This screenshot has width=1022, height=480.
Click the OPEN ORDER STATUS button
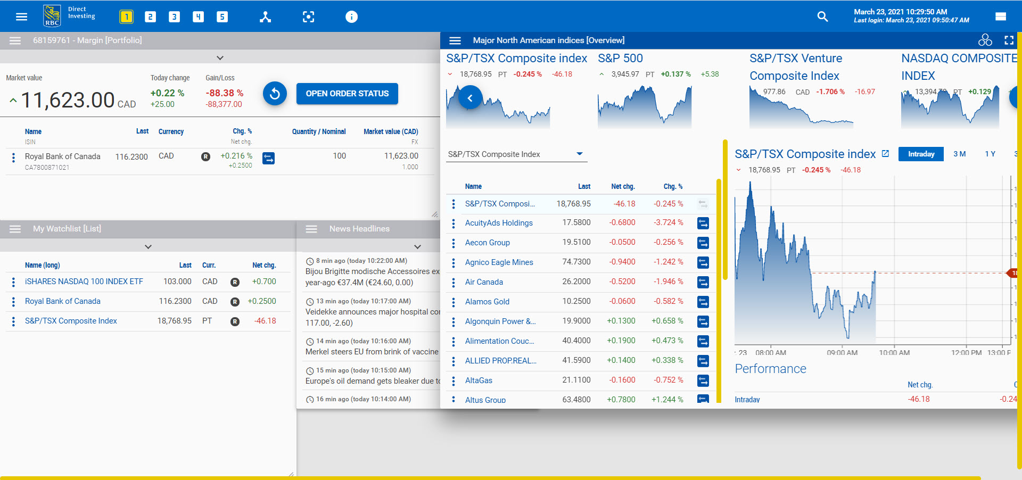[x=347, y=94]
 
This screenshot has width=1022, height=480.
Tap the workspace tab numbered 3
[x=174, y=17]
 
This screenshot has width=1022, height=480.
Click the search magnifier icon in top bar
[x=822, y=17]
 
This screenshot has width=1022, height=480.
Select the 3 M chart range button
[x=959, y=154]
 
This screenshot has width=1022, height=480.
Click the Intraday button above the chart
[x=921, y=154]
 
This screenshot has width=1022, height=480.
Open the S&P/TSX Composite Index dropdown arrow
[x=580, y=154]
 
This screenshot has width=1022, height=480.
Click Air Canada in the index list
[x=483, y=282]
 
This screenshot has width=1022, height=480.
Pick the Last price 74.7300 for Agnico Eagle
[x=576, y=262]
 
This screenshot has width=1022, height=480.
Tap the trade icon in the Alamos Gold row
[x=703, y=302]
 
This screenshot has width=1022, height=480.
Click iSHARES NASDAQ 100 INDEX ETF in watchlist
[x=84, y=282]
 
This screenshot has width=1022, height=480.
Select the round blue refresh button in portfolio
[x=275, y=94]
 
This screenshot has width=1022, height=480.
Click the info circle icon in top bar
[x=351, y=17]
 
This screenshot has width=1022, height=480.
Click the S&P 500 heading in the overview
[x=620, y=59]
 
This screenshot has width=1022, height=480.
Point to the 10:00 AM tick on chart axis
[x=894, y=352]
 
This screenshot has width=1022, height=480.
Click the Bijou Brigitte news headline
[x=372, y=271]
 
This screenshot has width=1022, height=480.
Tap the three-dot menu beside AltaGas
[x=454, y=380]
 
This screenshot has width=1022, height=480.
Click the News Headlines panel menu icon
[x=311, y=229]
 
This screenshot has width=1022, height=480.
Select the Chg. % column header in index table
[x=672, y=186]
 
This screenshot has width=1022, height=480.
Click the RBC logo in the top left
[x=52, y=16]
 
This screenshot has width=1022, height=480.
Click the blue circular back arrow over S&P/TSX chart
[x=470, y=98]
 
